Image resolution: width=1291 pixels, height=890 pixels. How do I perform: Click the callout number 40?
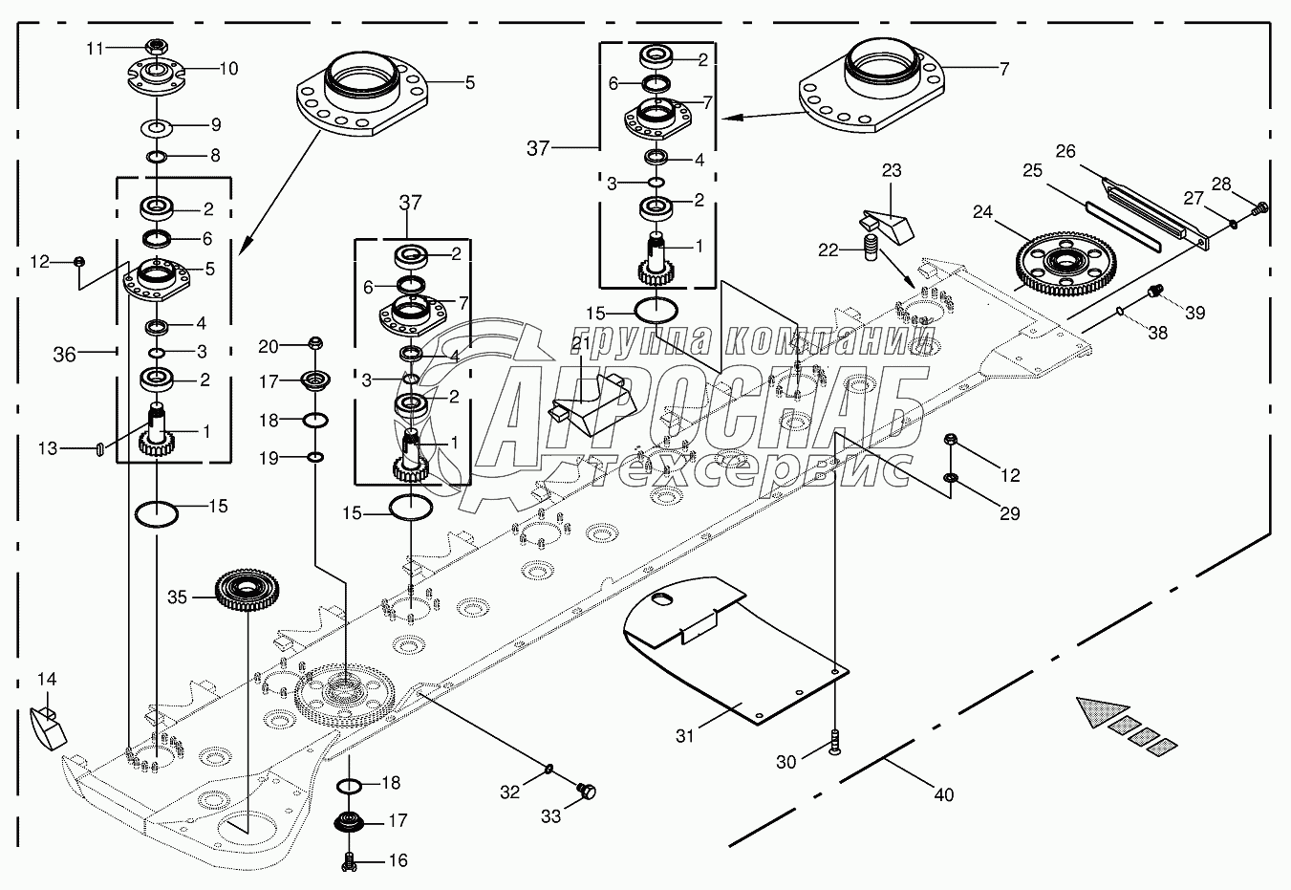[944, 794]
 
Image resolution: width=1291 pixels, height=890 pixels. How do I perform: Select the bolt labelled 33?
[587, 791]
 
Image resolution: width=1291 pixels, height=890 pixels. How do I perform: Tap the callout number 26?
[1065, 151]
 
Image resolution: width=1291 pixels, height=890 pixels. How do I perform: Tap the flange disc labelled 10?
[155, 75]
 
